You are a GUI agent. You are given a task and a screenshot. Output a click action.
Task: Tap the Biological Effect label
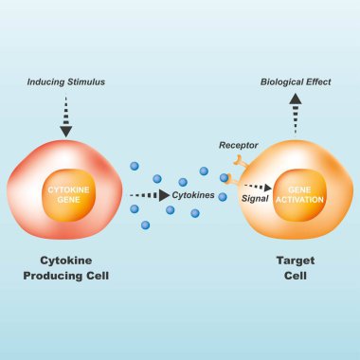pyautogui.click(x=296, y=82)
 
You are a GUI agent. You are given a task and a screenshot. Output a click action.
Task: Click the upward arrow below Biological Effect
pyautogui.click(x=296, y=111)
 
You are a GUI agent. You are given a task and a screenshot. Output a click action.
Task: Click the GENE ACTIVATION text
pyautogui.click(x=296, y=194)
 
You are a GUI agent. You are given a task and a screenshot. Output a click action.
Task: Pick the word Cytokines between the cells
pyautogui.click(x=192, y=195)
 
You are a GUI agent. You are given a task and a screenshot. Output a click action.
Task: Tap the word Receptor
pyautogui.click(x=237, y=146)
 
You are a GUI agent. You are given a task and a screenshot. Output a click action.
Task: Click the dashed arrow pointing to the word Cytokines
pyautogui.click(x=150, y=195)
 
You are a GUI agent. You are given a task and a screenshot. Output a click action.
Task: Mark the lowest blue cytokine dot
pyautogui.click(x=145, y=225)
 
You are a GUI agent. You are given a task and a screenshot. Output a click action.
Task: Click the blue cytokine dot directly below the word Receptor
pyautogui.click(x=225, y=177)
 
